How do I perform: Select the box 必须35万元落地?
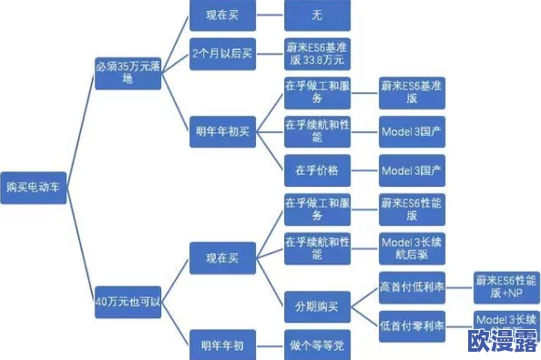(x=127, y=72)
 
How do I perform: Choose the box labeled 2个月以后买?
(x=221, y=55)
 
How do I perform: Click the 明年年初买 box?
(x=221, y=131)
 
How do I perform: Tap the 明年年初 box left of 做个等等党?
(x=221, y=344)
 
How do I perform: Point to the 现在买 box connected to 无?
(x=221, y=15)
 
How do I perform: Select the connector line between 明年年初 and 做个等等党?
(x=269, y=344)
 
